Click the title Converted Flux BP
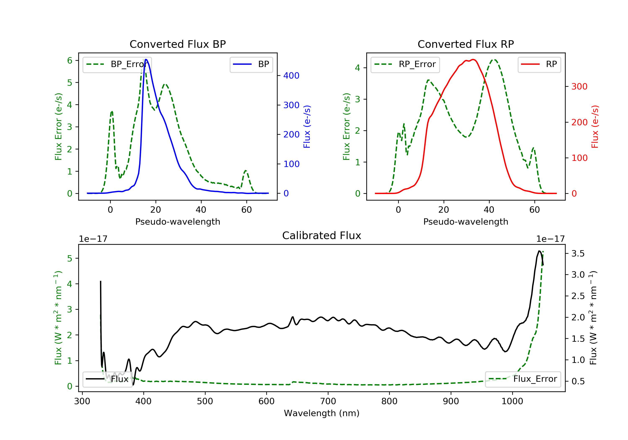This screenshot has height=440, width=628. click(x=178, y=44)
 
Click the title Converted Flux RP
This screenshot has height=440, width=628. click(x=466, y=44)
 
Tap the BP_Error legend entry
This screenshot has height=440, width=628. click(x=117, y=65)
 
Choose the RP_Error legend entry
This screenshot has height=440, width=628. click(x=405, y=65)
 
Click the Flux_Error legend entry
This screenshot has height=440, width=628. click(x=523, y=379)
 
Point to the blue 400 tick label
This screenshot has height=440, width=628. click(x=291, y=76)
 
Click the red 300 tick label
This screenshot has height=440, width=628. click(x=579, y=87)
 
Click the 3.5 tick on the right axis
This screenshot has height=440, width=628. click(x=578, y=254)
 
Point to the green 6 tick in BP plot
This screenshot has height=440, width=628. click(x=70, y=61)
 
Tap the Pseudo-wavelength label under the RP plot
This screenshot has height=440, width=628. click(x=466, y=221)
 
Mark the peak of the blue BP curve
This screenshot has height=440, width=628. click(x=146, y=60)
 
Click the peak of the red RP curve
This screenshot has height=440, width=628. click(x=473, y=60)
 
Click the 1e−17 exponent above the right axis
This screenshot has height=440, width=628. click(x=550, y=239)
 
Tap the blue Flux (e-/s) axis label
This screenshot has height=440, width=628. click(x=307, y=127)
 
